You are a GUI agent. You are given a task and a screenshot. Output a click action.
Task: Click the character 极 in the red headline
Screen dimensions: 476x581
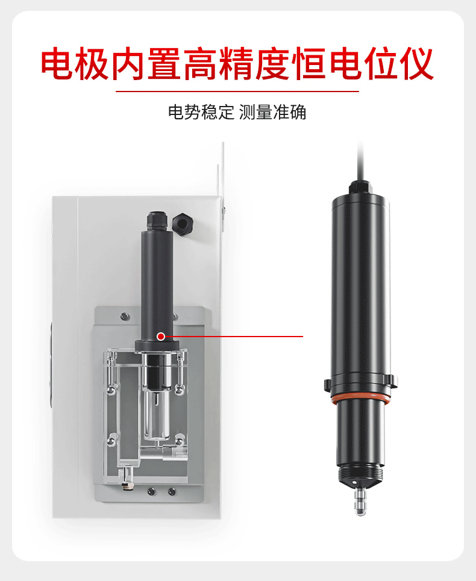92,64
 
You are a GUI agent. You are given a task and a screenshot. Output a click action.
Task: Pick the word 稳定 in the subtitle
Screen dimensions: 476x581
218,112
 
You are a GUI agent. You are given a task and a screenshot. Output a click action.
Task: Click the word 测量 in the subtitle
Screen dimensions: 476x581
256,112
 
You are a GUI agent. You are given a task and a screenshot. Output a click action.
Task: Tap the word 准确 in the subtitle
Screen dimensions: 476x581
290,112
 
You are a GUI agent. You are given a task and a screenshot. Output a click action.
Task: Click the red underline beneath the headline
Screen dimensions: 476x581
237,91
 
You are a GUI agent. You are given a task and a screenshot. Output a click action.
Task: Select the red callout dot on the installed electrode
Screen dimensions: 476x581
161,337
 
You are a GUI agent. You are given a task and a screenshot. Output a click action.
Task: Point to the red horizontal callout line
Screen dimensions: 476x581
234,337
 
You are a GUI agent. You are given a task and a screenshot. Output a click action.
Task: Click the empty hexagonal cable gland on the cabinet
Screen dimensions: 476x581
183,223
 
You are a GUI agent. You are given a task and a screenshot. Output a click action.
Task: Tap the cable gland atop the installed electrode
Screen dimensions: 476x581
157,220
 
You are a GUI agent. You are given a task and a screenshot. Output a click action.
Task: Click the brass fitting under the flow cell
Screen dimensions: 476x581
126,476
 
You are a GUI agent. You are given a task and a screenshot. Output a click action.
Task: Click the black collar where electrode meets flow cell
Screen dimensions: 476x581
157,346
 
